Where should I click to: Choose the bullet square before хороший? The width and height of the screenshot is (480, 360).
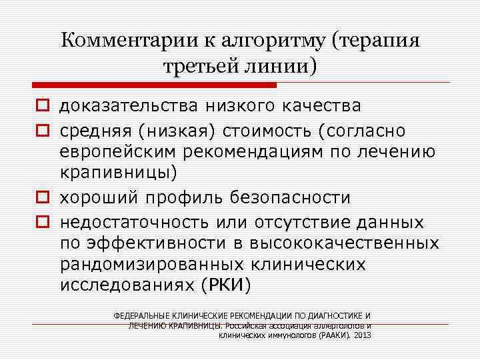(43, 197)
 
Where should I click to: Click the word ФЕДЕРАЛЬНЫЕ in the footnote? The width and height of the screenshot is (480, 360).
(141, 315)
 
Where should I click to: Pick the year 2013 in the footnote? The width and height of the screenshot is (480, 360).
(363, 335)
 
